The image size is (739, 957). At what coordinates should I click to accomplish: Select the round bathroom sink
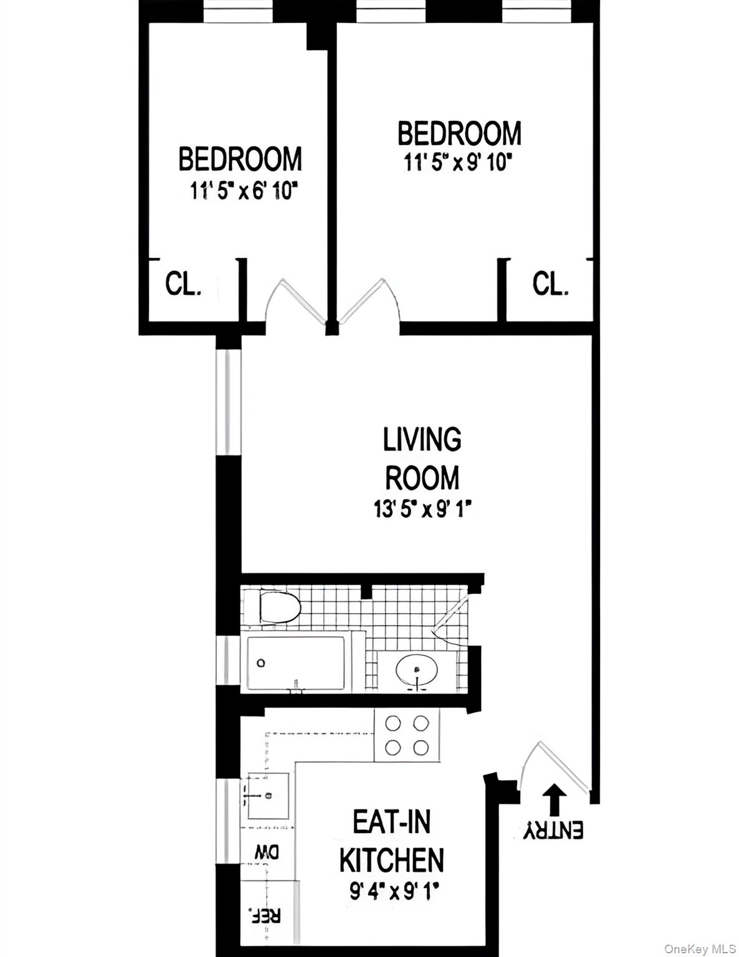tap(417, 670)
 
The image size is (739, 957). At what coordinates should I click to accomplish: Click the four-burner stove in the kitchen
tap(407, 735)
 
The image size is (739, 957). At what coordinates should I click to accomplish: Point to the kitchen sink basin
tap(269, 796)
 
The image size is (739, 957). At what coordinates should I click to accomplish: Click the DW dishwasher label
tap(267, 852)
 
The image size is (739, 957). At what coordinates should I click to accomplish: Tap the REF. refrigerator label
tap(265, 915)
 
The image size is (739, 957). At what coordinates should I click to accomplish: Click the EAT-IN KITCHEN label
tap(391, 841)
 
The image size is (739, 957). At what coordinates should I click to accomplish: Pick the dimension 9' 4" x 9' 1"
tap(394, 893)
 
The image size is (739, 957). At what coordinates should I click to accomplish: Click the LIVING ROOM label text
tap(422, 459)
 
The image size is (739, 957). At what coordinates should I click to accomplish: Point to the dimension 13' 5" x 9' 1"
tap(421, 510)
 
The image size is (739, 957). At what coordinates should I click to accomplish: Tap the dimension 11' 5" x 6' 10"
tap(241, 191)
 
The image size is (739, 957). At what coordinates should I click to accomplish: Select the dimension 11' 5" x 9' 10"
tap(458, 163)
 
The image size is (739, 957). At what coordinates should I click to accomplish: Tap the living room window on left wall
tap(227, 402)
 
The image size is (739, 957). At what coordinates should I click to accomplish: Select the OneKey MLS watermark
tap(700, 949)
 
